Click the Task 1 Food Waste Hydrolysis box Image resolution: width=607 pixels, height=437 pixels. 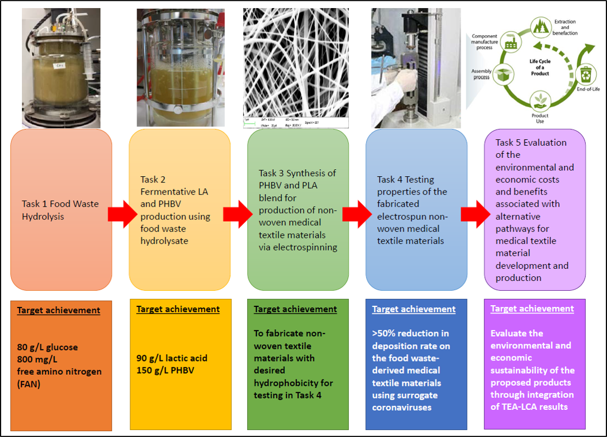[x=61, y=210]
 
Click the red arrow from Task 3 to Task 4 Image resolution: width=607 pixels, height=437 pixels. [x=355, y=214]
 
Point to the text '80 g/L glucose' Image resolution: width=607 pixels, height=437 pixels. [x=46, y=347]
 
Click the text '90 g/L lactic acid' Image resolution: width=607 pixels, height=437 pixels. [x=172, y=358]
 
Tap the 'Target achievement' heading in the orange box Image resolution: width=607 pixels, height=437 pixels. [x=58, y=310]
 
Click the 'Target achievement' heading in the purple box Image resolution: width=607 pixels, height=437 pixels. [x=532, y=309]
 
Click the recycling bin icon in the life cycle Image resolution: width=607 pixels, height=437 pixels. [x=585, y=74]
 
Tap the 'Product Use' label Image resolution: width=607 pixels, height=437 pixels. [x=540, y=119]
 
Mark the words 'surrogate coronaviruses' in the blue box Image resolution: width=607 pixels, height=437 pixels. [x=405, y=401]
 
